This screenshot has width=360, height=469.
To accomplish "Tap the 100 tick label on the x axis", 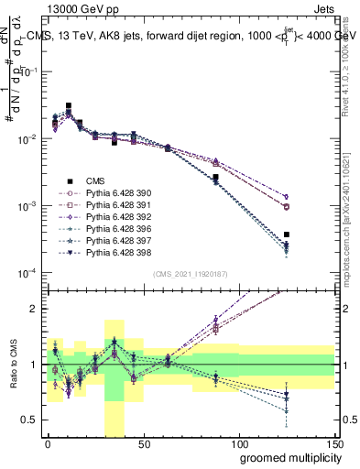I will (239, 444).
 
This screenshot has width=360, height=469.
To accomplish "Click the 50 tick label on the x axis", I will (143, 444).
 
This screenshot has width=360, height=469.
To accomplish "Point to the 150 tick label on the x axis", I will (333, 444).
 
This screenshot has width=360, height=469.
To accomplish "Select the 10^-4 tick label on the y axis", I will (27, 274).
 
